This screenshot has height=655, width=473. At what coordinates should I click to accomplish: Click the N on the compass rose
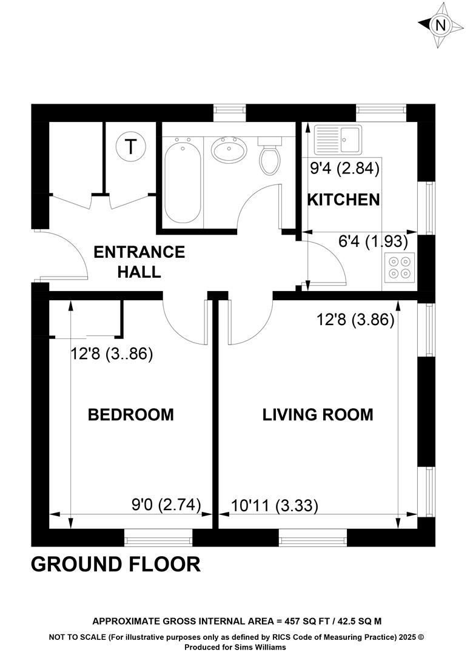[440, 26]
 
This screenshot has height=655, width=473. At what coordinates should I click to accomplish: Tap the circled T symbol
[131, 147]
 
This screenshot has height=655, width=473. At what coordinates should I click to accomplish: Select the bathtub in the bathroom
[182, 181]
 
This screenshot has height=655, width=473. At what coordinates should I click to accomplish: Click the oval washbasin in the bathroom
[229, 150]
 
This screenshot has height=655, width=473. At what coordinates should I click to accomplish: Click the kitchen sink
[338, 139]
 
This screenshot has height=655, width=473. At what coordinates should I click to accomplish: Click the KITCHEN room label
[343, 200]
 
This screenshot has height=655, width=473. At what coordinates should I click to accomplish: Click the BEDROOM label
[131, 415]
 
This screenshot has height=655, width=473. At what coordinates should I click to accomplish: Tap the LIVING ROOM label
[318, 415]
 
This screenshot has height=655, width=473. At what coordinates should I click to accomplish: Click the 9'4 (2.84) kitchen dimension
[344, 169]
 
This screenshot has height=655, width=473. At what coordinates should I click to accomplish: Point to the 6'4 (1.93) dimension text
[373, 241]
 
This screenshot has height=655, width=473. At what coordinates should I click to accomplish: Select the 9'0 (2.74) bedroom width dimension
[166, 505]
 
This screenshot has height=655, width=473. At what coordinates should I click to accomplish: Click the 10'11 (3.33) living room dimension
[275, 506]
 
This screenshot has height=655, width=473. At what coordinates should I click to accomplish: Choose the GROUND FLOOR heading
[116, 565]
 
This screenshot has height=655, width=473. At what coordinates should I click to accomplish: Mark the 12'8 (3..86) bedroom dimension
[112, 354]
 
